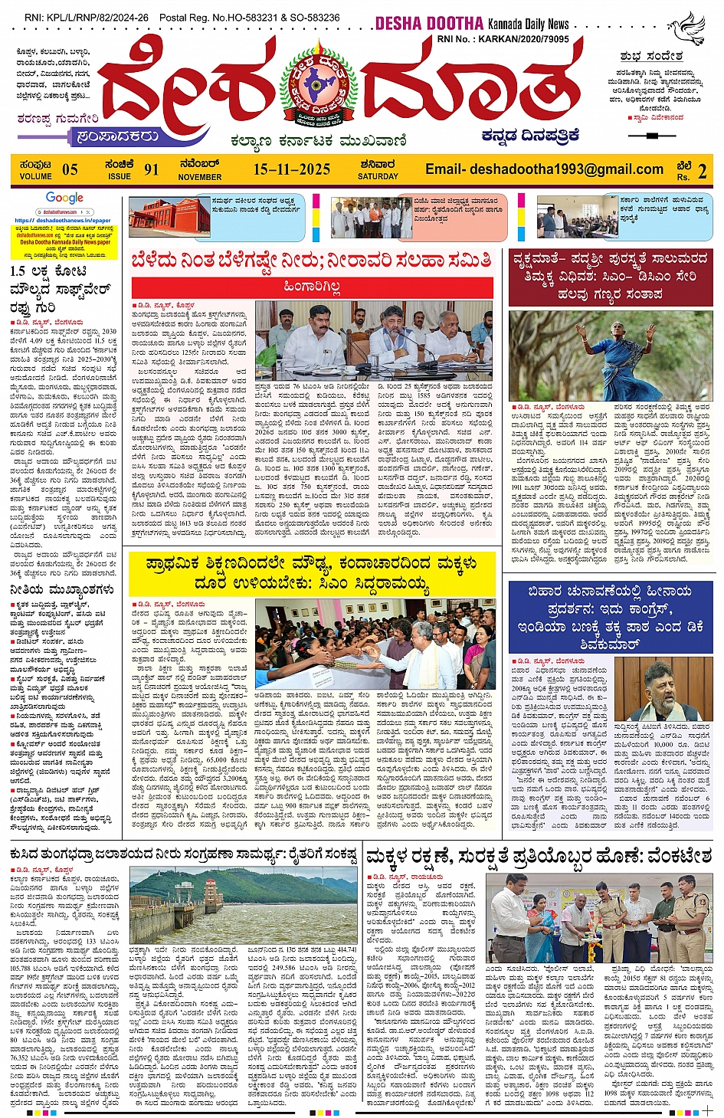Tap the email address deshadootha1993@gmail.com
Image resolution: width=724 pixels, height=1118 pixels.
tap(544, 169)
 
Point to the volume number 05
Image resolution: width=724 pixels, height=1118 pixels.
tap(70, 170)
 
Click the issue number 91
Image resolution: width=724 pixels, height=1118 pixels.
tap(151, 170)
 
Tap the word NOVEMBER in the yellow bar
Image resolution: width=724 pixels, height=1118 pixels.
tap(199, 177)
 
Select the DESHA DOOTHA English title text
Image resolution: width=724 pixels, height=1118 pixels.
tap(429, 24)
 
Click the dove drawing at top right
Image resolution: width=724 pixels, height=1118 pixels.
tap(686, 29)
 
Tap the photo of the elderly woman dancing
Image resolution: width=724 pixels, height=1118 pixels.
tap(611, 355)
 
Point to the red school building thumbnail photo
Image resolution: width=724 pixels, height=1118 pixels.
tap(169, 218)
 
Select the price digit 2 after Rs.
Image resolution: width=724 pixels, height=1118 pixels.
tap(702, 171)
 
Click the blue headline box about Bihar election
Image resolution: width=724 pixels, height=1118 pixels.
tap(611, 617)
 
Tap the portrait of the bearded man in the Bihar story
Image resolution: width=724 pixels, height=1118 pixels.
tap(663, 690)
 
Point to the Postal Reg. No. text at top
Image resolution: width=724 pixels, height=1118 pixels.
tap(249, 17)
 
